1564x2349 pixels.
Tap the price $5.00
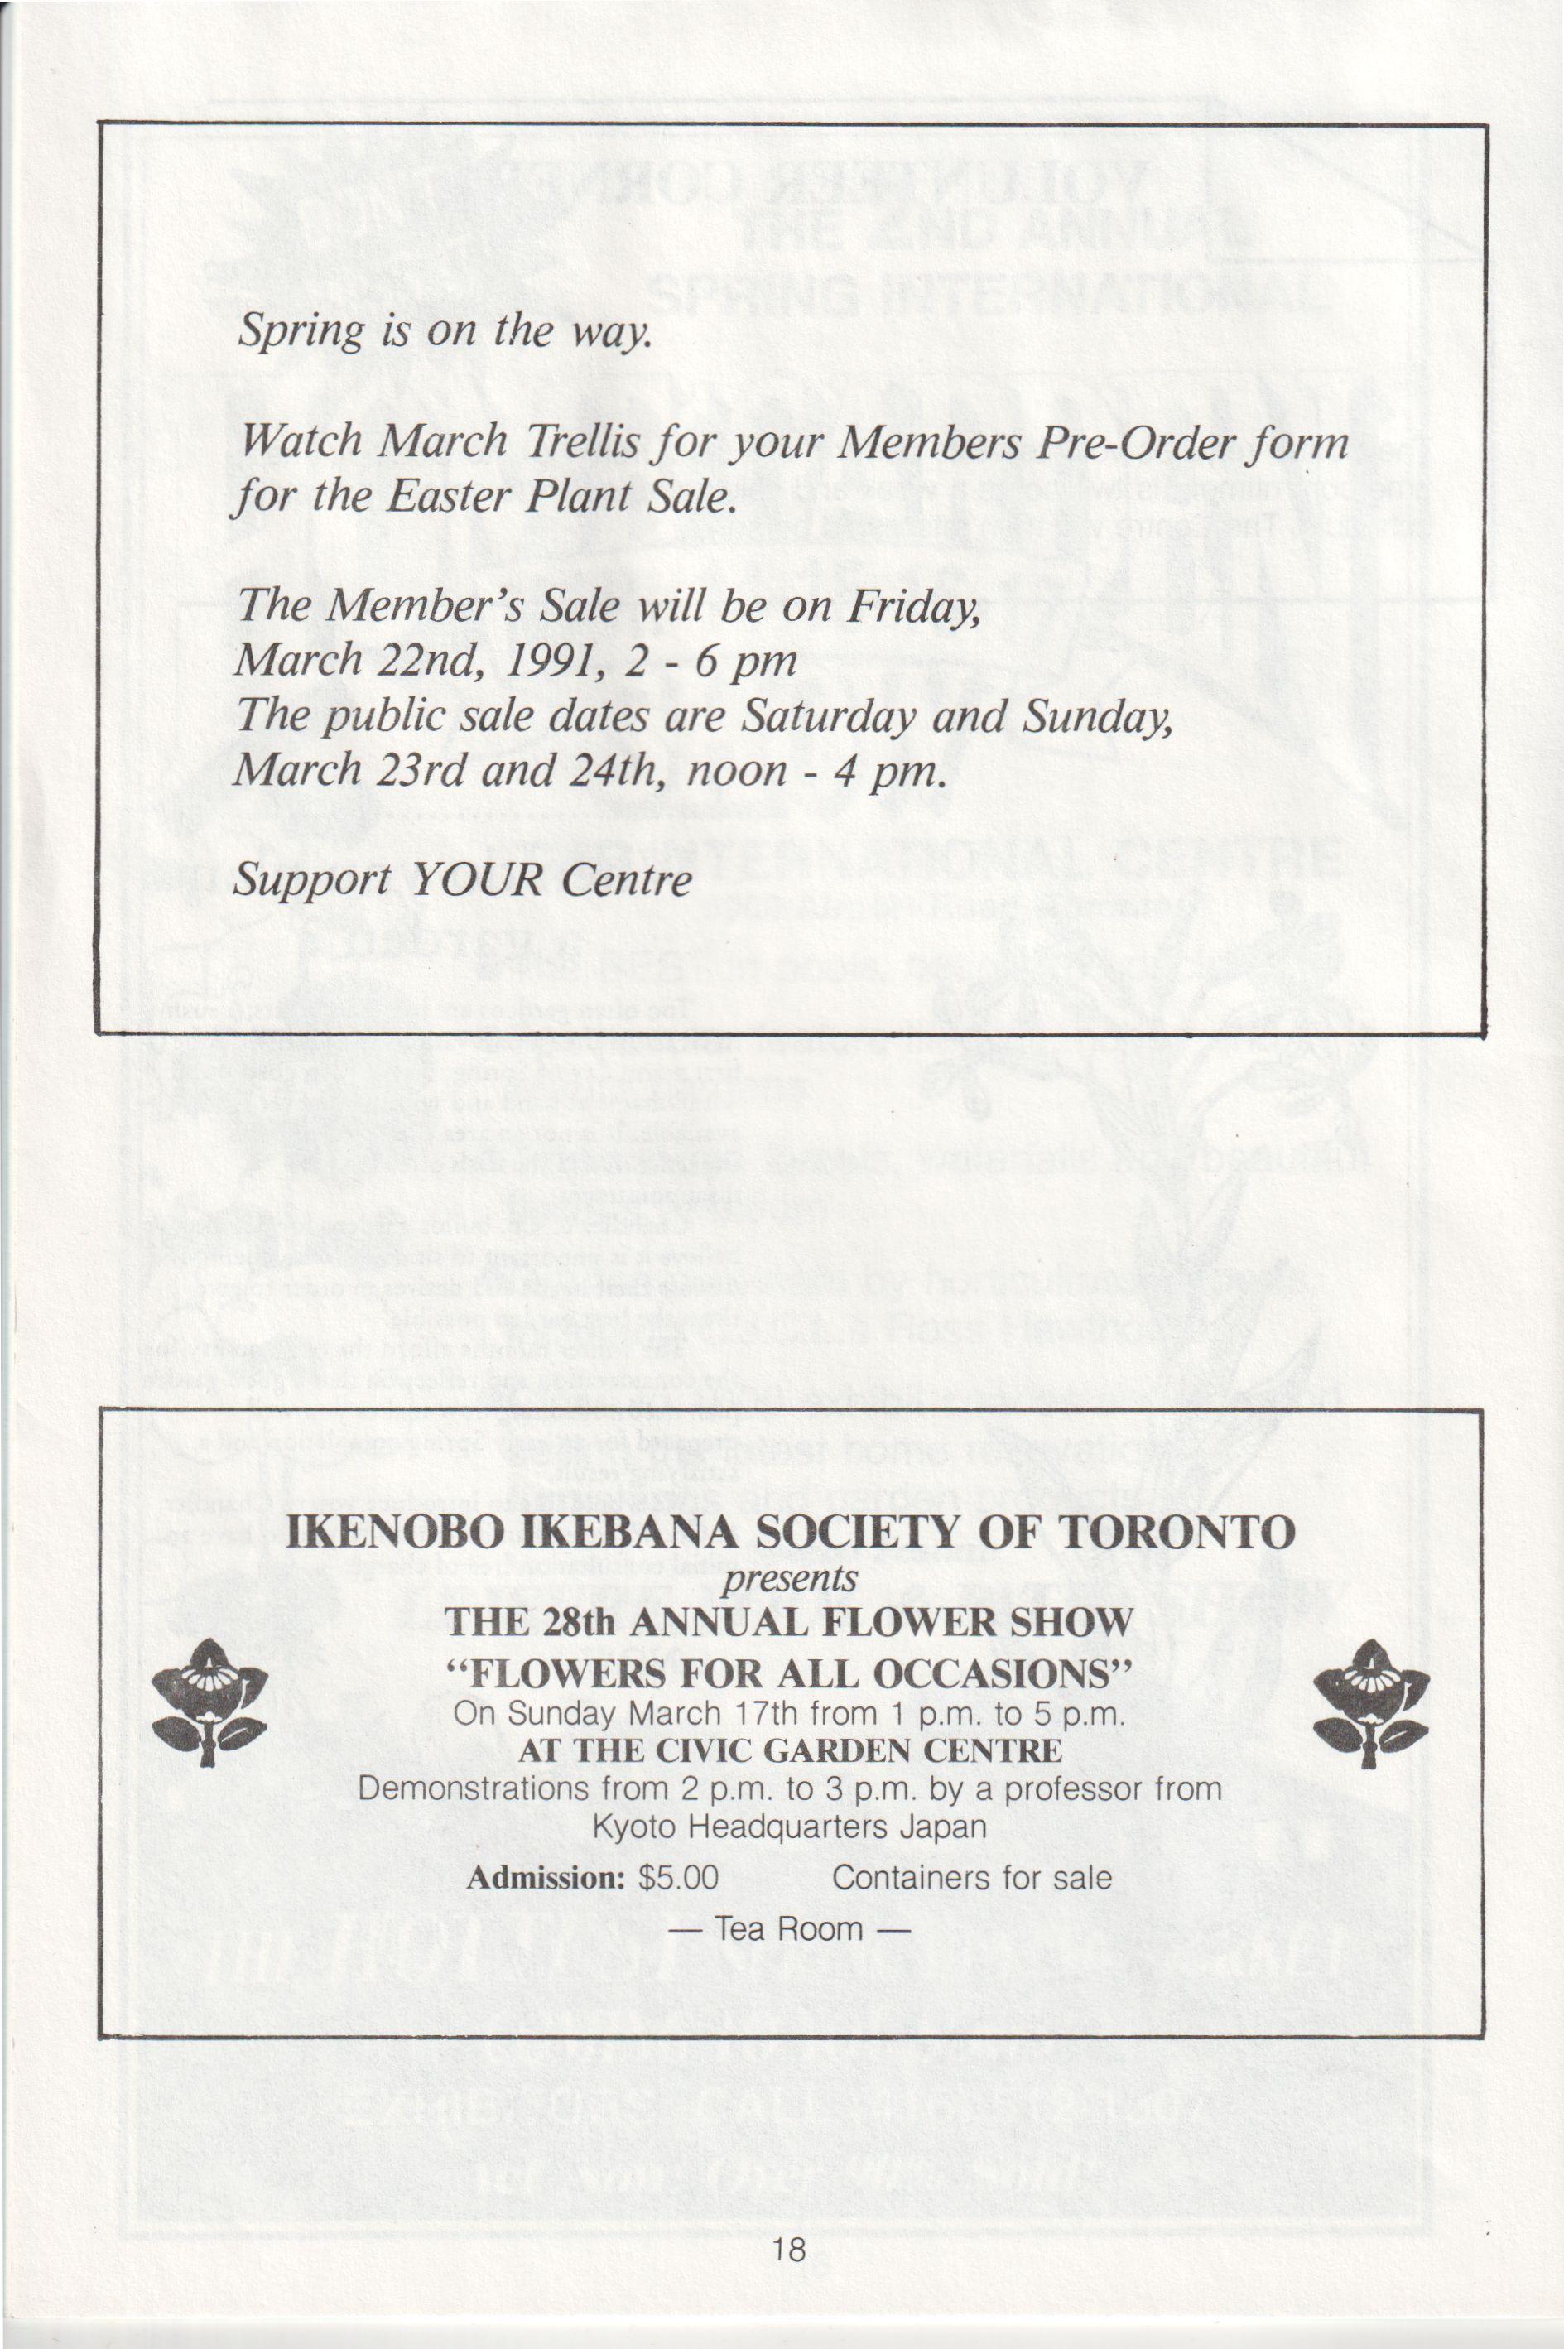click(678, 1878)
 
